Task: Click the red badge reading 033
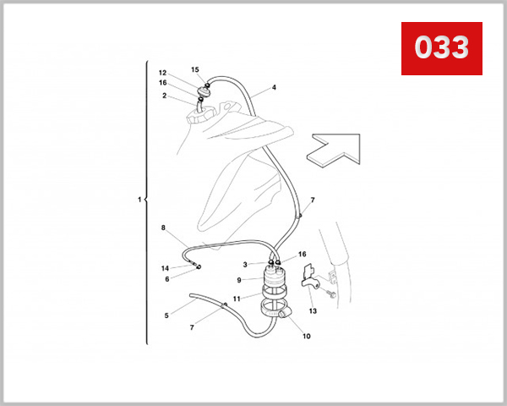click(442, 48)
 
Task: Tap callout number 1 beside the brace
click(139, 200)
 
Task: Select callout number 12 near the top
click(162, 73)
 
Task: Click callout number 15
click(195, 69)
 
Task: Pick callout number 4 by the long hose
click(274, 87)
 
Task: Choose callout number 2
click(164, 96)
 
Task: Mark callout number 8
click(163, 228)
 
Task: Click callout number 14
click(165, 268)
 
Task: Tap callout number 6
click(167, 279)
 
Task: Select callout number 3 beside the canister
click(245, 265)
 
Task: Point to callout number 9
click(239, 280)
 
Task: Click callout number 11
click(237, 299)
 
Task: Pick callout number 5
click(166, 315)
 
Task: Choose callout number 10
click(307, 336)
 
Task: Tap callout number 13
click(313, 311)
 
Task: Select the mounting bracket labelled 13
click(310, 277)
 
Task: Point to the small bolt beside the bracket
click(331, 294)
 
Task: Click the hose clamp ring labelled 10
click(275, 310)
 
